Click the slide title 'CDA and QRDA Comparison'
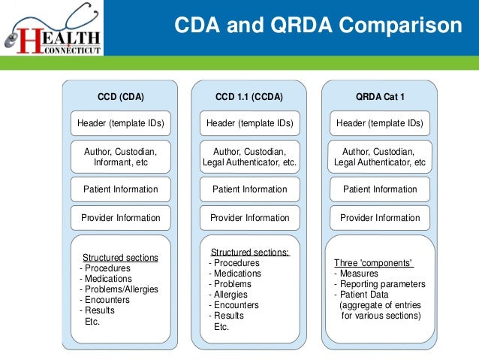tap(318, 26)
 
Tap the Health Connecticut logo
tap(53, 29)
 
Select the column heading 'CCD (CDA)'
tap(121, 97)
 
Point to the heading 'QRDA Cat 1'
tap(379, 97)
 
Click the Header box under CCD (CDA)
tap(121, 123)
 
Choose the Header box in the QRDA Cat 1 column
tap(379, 123)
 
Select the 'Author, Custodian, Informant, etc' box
tap(121, 156)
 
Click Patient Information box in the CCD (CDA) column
tap(121, 189)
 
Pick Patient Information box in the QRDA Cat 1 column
tap(379, 189)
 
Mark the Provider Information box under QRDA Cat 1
tap(379, 218)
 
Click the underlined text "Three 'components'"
tap(374, 263)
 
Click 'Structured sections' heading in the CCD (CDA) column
tap(120, 258)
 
